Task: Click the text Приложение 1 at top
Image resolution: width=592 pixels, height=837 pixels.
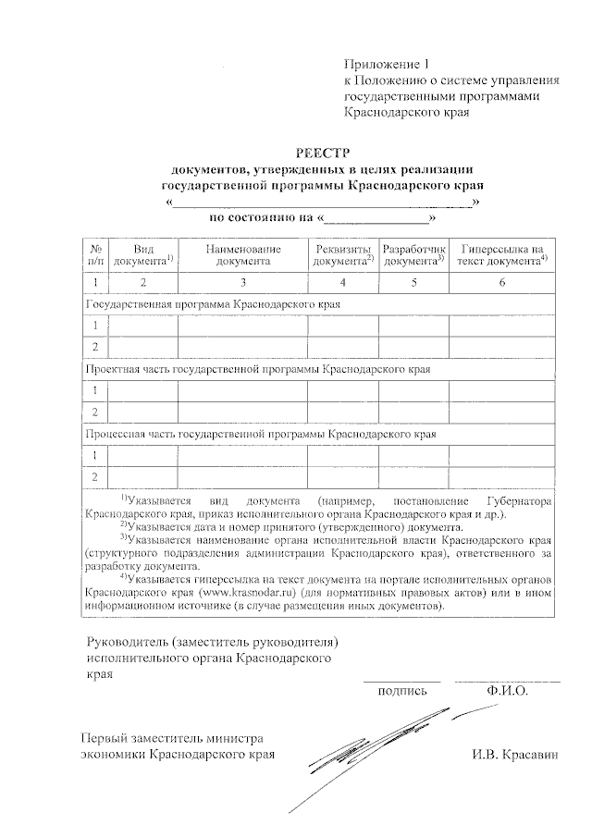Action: coord(388,64)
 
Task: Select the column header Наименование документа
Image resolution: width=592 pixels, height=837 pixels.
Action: coord(243,255)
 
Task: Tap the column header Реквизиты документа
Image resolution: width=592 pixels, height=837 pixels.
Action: coord(343,255)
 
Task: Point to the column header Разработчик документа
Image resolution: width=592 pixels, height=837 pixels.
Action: coord(414,255)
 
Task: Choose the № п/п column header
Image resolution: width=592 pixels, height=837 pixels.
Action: coord(95,255)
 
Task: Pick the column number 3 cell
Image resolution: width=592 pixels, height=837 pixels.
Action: coord(243,282)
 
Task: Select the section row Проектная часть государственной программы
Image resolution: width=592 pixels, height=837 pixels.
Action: coord(258,368)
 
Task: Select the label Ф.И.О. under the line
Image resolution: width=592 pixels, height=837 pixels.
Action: coord(506,690)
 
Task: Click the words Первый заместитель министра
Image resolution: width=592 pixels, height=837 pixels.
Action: coord(172,738)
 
